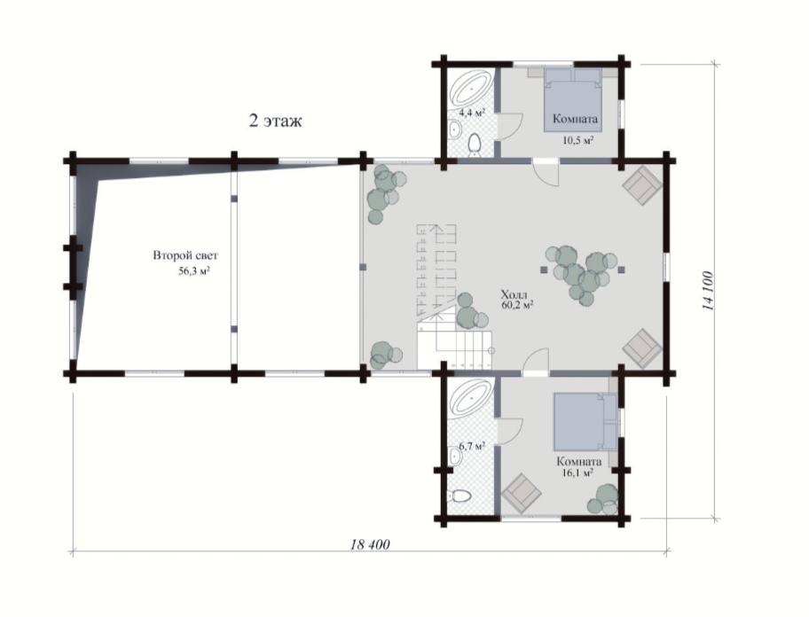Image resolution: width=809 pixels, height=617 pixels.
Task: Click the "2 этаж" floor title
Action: pos(275,121)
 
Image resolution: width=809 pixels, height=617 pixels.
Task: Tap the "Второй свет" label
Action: pos(185,255)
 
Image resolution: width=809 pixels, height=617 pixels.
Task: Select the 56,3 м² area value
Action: pos(193,271)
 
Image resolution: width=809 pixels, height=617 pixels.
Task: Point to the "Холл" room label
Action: pos(514,295)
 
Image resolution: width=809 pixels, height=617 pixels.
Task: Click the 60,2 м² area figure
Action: pos(516,305)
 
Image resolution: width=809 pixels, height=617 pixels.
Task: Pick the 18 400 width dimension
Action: pos(370,544)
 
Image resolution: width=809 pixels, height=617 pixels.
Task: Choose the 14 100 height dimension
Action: pos(708,291)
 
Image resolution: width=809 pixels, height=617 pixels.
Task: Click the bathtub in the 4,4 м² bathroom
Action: pos(470,89)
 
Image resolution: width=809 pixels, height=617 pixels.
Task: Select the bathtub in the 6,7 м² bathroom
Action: pos(470,398)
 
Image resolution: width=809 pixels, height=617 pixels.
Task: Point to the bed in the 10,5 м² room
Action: pos(573,101)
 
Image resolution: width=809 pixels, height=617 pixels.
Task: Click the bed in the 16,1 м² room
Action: pos(585,422)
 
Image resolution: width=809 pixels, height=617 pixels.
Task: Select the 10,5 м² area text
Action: pos(577,140)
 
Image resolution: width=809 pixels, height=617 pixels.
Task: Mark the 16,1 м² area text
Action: pos(577,473)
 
